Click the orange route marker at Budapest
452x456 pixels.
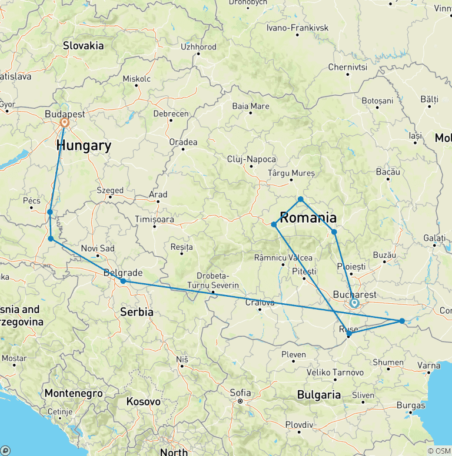(65, 123)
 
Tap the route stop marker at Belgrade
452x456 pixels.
(123, 281)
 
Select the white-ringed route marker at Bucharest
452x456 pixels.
(354, 303)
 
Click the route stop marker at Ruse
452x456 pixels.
(349, 334)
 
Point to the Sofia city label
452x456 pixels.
(241, 393)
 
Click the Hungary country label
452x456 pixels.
(84, 146)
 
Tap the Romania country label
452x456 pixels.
(308, 218)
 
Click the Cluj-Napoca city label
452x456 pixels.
(251, 159)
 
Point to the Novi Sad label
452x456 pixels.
(98, 249)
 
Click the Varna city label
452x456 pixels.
(428, 366)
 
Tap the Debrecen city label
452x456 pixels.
(171, 113)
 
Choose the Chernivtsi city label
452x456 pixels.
(347, 68)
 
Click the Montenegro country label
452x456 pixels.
(74, 394)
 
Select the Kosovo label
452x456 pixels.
(143, 402)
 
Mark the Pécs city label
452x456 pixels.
(31, 200)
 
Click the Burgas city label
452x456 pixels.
(411, 405)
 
